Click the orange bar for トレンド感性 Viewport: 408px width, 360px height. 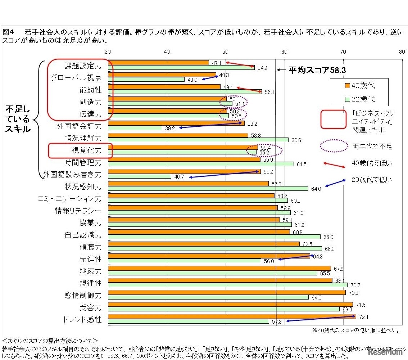pos(232,316)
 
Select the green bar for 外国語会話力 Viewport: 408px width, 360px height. pos(135,128)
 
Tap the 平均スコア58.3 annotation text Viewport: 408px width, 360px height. pos(317,71)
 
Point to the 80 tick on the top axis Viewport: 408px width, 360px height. pos(402,52)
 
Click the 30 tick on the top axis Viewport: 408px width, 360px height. pos(108,52)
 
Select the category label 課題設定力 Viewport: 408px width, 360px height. pos(83,66)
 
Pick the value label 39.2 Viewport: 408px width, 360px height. pos(170,128)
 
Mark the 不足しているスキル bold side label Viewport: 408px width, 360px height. pos(18,119)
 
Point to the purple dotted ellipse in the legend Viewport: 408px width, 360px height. pos(334,146)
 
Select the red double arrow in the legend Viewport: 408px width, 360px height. pos(334,164)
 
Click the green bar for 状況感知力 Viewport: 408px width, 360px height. pos(208,188)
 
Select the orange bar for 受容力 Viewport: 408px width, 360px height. pos(230,304)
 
